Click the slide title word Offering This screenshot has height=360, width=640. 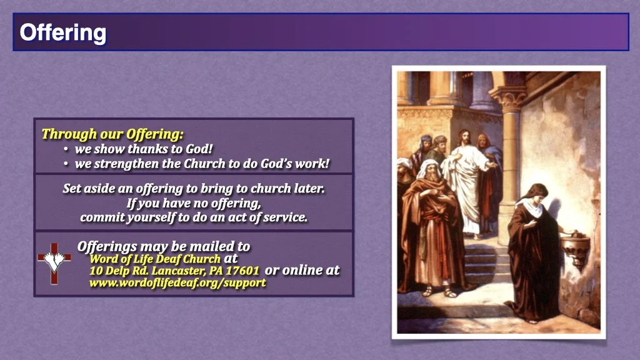pos(62,32)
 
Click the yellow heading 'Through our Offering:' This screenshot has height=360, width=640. pos(112,134)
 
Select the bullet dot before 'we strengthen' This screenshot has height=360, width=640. pos(66,164)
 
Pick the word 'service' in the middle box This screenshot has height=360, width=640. pos(286,218)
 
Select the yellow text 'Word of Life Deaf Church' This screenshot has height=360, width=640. pos(155,259)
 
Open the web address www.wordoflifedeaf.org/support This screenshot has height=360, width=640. pos(177,283)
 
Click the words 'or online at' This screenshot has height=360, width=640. pos(302,270)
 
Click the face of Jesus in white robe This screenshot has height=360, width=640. pos(463,138)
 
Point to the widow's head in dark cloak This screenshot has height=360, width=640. pos(535,194)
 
